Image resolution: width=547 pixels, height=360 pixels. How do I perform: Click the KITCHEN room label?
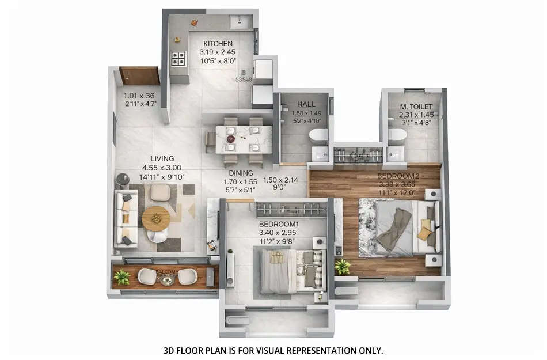tap(218, 43)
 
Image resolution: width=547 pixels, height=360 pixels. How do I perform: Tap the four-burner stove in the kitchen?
tap(178, 58)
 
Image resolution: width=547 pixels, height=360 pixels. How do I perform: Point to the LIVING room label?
tap(162, 158)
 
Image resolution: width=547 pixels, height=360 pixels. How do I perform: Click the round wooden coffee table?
tap(155, 218)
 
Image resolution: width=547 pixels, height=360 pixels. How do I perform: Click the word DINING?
tap(241, 173)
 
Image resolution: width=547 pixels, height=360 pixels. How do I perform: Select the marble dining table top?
tap(244, 139)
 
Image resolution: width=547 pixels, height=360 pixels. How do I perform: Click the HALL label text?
tap(306, 104)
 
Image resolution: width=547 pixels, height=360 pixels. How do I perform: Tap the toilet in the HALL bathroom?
tap(318, 136)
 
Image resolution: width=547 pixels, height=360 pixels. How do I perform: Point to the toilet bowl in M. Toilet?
tap(397, 135)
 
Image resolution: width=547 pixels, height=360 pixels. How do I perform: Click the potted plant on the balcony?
tap(121, 277)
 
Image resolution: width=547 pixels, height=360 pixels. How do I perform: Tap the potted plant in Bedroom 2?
tap(343, 267)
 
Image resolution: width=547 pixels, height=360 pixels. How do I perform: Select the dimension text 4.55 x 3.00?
tap(162, 168)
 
